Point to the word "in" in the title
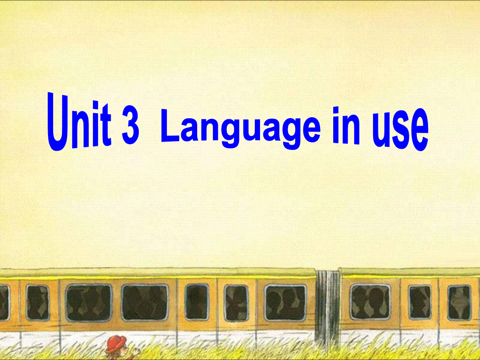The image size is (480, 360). [x=346, y=126]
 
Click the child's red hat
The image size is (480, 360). [x=116, y=343]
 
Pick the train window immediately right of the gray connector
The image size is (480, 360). [x=370, y=302]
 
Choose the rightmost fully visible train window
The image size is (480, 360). [x=459, y=303]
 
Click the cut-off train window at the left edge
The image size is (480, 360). [x=4, y=303]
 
